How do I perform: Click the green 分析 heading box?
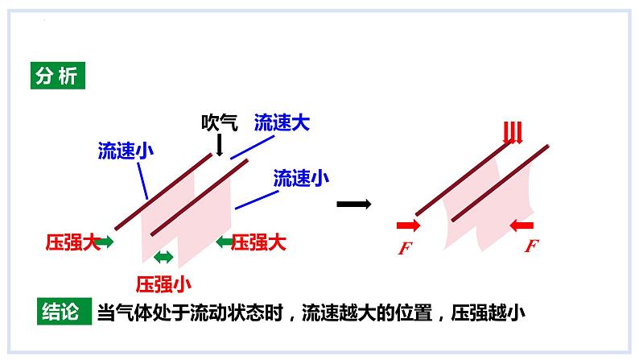tap(58, 76)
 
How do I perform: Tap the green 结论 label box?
tap(64, 312)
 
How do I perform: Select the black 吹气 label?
tap(219, 122)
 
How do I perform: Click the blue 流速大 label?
tap(282, 122)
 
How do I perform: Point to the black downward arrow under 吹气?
tap(220, 145)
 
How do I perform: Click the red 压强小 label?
tap(163, 284)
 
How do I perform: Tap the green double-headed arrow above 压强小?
tap(163, 257)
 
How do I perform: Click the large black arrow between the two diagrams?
tap(354, 204)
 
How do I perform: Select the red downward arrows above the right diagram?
tap(513, 133)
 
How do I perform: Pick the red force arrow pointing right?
tap(408, 226)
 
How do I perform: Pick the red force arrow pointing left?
tap(522, 225)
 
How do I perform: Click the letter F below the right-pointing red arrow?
tap(405, 248)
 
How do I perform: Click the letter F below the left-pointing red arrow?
tap(532, 246)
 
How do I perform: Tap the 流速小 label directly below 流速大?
tap(301, 179)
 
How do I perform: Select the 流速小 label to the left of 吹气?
tap(126, 151)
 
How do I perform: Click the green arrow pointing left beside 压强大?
tap(225, 242)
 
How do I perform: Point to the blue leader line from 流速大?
tap(253, 147)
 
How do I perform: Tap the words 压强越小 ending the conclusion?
tap(489, 312)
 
